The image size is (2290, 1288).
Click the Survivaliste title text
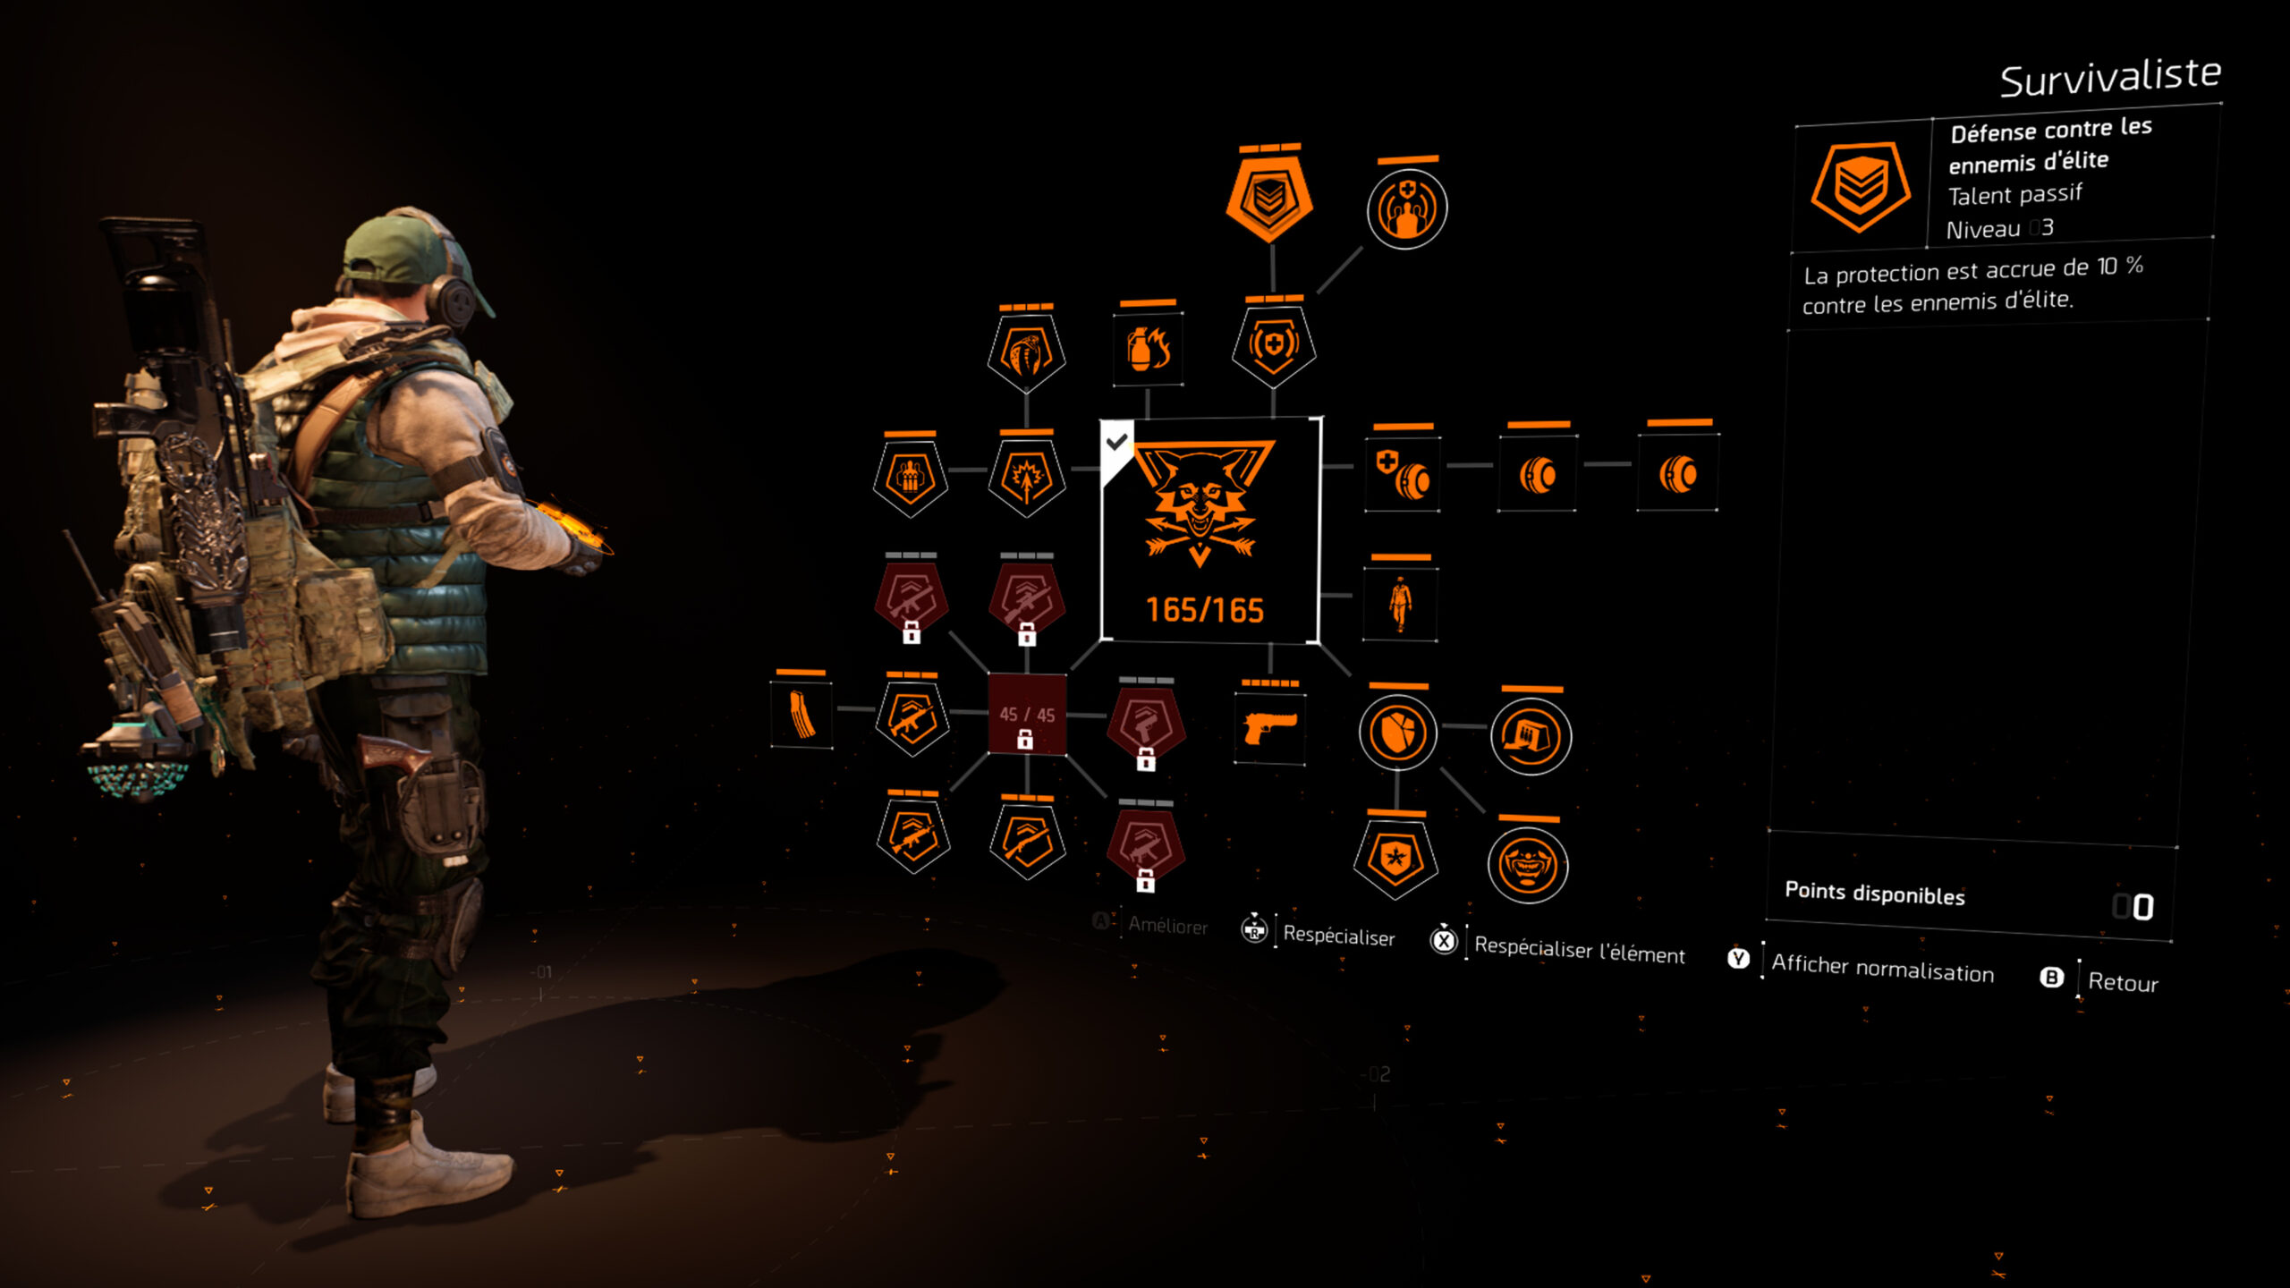tap(2110, 78)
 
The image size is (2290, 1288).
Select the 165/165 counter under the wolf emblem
tap(1205, 610)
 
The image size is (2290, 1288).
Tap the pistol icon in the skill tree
tap(1269, 728)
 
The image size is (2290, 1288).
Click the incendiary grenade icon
tap(1149, 349)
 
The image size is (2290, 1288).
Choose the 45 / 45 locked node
tap(1027, 715)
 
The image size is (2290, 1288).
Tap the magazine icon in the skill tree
tap(801, 715)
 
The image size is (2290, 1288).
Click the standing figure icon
tap(1400, 604)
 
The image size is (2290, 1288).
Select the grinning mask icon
tap(1528, 865)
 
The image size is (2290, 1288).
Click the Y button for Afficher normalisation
tap(1738, 959)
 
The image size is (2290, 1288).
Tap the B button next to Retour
tap(2051, 978)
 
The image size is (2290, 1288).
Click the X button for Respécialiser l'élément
tap(1444, 941)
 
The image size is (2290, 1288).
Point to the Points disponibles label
tap(1875, 894)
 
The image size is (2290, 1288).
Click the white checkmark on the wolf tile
tap(1116, 442)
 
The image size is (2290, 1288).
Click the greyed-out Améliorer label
tap(1167, 926)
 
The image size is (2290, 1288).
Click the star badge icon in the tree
tap(1395, 860)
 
